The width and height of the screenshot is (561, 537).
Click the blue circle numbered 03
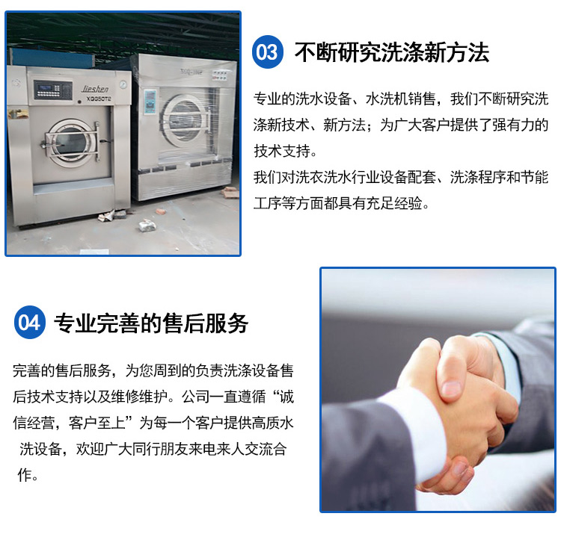[x=267, y=52]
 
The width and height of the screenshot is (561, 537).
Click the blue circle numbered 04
[x=30, y=322]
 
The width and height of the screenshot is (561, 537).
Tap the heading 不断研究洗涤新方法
[x=392, y=52]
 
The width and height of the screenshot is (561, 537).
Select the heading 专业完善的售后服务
[x=151, y=323]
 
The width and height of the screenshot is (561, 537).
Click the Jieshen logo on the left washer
[x=94, y=89]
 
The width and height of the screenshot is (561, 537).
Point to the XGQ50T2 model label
[x=99, y=99]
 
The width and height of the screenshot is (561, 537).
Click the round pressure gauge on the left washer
[x=123, y=84]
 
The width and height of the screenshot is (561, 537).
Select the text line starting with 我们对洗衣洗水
[x=401, y=177]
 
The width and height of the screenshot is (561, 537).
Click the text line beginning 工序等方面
[x=341, y=203]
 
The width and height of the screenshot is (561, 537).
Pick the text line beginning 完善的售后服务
[x=153, y=370]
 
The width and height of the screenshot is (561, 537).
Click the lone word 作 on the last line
[x=25, y=475]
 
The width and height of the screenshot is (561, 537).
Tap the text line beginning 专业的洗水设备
[x=401, y=99]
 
